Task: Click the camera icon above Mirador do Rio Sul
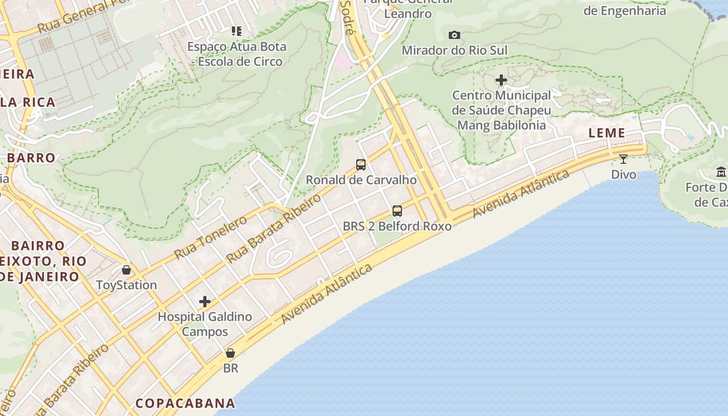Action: [454, 35]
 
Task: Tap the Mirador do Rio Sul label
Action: [454, 50]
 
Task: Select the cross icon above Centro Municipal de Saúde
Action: [501, 80]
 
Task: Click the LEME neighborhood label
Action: [607, 133]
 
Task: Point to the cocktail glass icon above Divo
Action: [623, 159]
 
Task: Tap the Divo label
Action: [623, 174]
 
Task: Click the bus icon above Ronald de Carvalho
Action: [361, 165]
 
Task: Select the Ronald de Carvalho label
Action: [361, 180]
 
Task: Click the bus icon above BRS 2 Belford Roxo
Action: [397, 211]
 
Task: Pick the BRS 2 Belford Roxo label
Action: [397, 226]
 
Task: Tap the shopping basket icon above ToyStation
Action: [126, 269]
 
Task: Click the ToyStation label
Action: [126, 285]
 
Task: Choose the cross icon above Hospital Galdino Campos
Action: [205, 301]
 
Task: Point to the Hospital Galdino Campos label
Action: [205, 324]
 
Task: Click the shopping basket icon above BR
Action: [230, 353]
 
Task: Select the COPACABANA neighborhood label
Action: [185, 403]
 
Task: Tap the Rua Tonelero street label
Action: [211, 238]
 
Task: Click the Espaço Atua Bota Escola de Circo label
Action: [237, 54]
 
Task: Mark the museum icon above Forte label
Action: [721, 172]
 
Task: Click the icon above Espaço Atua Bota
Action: [237, 31]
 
